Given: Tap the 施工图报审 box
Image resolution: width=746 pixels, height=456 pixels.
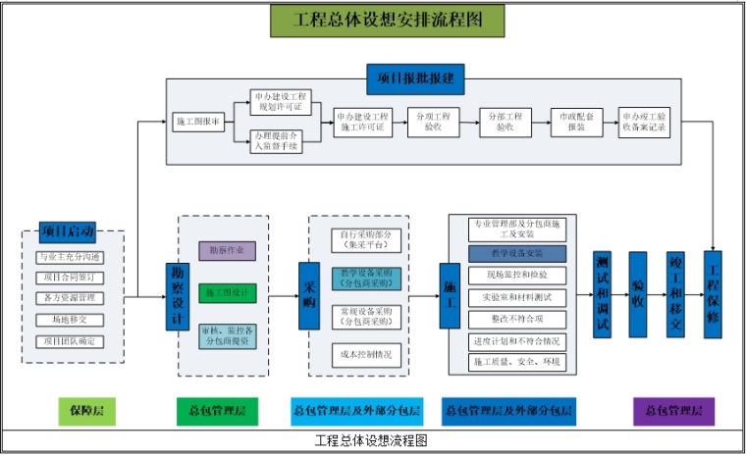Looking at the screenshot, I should [199, 122].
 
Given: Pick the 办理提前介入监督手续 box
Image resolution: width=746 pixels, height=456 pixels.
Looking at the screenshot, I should [279, 140].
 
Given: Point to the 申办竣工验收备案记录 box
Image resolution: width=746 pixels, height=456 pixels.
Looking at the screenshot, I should [645, 122].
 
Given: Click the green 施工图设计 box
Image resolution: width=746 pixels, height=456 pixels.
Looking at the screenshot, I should [227, 292].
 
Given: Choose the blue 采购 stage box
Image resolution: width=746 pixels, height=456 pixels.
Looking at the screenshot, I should [311, 290].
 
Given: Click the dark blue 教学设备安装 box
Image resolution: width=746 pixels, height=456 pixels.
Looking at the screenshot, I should [517, 254].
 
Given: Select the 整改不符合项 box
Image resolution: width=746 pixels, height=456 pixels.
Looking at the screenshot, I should [517, 319].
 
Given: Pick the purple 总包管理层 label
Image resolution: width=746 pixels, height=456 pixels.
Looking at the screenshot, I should [673, 410].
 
